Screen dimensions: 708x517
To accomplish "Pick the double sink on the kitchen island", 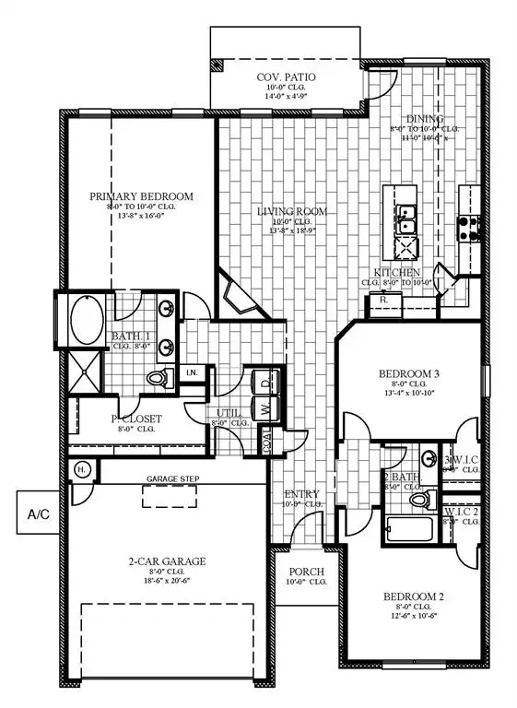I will click(405, 219).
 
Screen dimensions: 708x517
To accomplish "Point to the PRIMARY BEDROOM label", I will click(141, 196).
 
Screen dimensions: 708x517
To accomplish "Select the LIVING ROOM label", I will click(293, 212).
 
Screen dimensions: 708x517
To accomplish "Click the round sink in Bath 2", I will click(429, 458).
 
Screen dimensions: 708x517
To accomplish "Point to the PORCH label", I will click(302, 572).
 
